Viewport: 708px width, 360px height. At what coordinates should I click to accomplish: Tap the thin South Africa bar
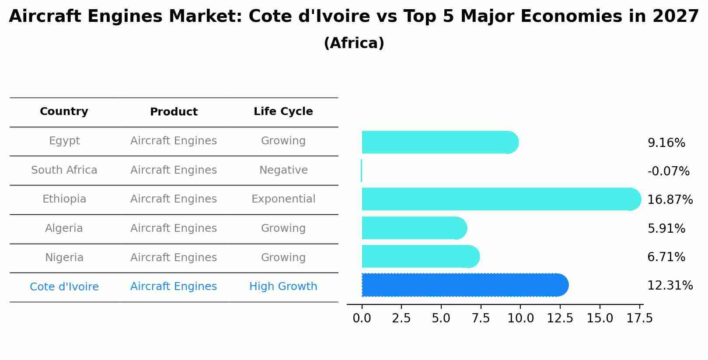[x=362, y=171]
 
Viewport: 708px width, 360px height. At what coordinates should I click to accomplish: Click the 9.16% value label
[x=666, y=143]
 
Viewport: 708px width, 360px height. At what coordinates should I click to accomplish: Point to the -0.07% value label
[x=668, y=171]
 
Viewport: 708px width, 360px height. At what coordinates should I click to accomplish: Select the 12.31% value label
[x=670, y=286]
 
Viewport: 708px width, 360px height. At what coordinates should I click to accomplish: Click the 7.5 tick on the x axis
[x=481, y=318]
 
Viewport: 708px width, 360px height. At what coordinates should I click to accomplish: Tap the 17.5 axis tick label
[x=639, y=318]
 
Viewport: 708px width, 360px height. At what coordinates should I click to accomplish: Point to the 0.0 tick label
[x=362, y=318]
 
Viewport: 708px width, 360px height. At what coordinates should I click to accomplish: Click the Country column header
[x=64, y=112]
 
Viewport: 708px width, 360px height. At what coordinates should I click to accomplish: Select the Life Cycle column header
[x=283, y=112]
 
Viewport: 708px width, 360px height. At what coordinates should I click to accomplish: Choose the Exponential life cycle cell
[x=283, y=199]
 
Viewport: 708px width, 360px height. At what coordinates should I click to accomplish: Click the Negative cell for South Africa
[x=283, y=170]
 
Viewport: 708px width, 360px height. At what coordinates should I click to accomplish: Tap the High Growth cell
[x=283, y=287]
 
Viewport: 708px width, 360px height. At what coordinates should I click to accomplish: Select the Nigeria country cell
[x=64, y=258]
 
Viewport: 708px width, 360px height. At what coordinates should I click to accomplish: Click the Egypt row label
[x=64, y=141]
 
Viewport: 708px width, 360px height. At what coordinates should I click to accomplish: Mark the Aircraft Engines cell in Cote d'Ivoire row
[x=173, y=287]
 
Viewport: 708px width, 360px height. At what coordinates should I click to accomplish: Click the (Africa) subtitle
[x=354, y=43]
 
